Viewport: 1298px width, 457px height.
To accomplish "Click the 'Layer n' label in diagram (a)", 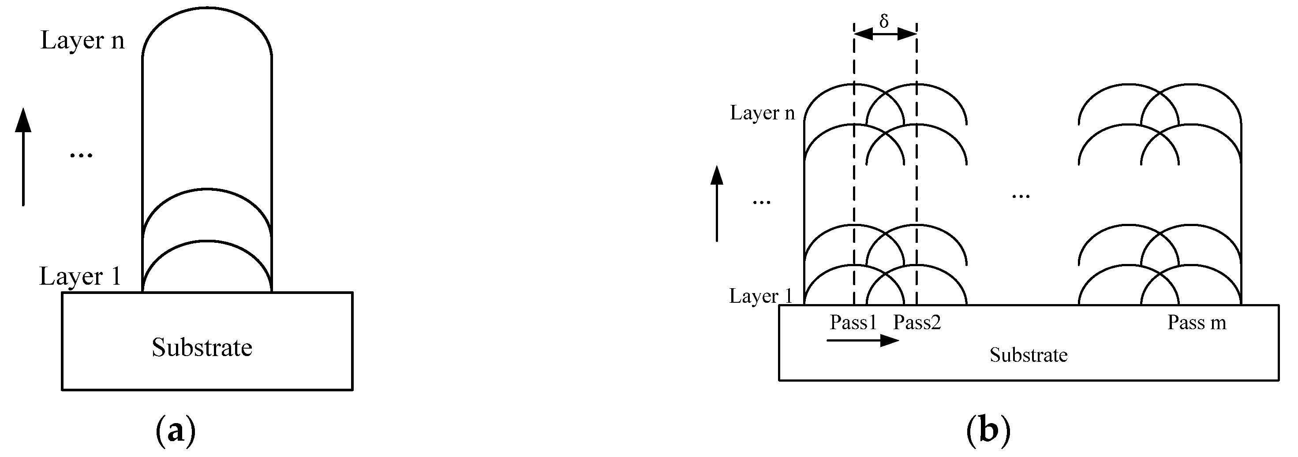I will click(82, 40).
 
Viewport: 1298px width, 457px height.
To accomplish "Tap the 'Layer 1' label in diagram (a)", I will click(81, 276).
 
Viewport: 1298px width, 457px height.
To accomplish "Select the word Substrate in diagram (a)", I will click(202, 347).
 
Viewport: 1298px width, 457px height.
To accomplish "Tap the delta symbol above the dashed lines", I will click(884, 21).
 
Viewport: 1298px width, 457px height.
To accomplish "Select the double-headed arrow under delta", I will click(885, 34).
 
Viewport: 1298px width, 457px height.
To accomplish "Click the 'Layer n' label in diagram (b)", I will click(762, 113).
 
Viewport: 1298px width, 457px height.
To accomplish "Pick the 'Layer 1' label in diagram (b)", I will click(761, 296).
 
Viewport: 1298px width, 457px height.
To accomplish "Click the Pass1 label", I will click(853, 322).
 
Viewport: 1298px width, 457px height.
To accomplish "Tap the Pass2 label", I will click(917, 322).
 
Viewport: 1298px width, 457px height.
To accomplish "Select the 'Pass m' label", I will click(1197, 322).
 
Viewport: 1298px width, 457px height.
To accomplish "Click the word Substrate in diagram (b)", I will click(1029, 355).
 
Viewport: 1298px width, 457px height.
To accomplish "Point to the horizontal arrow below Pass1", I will click(863, 341).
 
